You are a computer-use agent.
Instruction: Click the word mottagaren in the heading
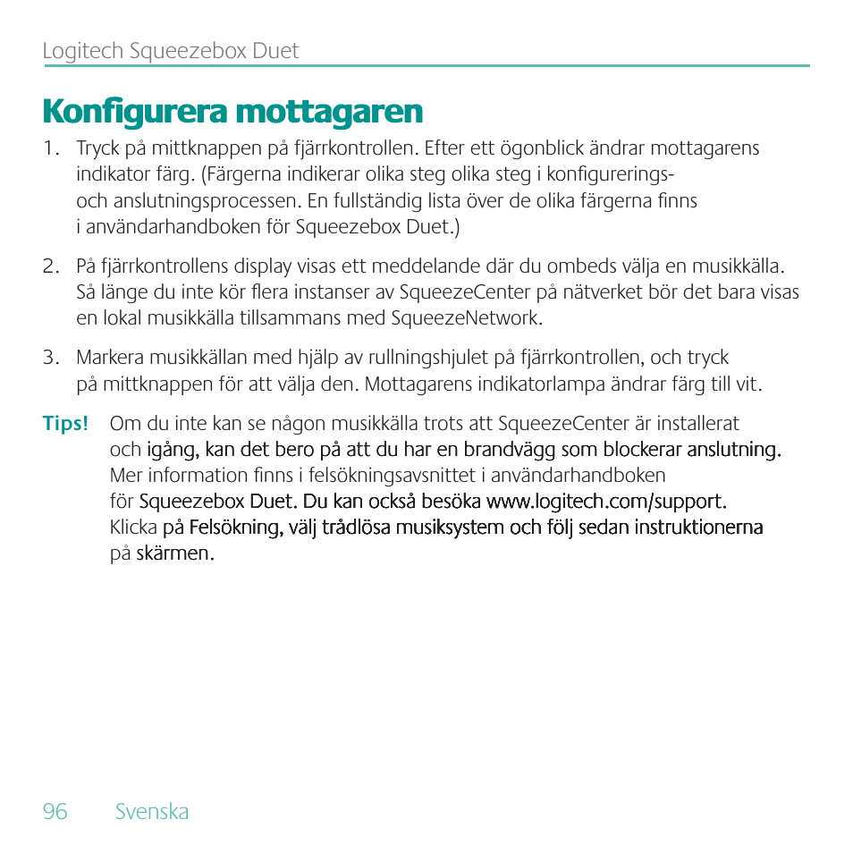328,113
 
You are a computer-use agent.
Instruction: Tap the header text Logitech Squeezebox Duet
171,51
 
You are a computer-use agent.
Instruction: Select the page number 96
55,812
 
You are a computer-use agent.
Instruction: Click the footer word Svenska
152,812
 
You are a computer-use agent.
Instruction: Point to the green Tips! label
65,424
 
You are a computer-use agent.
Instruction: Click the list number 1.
50,148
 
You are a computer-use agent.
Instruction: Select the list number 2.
51,266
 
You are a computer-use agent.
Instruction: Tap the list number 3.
51,359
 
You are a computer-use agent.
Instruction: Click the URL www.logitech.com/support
605,501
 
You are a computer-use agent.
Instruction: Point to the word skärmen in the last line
176,553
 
